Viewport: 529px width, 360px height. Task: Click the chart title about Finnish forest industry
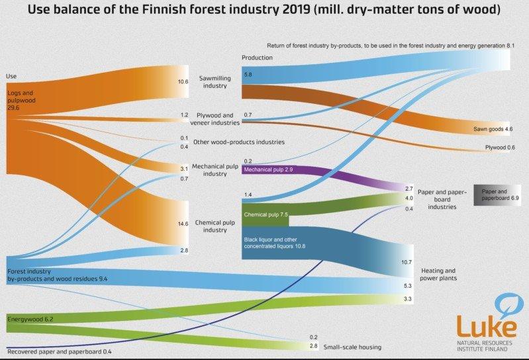click(264, 11)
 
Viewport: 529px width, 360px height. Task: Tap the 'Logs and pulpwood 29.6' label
click(21, 100)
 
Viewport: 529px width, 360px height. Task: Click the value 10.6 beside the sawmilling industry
click(183, 82)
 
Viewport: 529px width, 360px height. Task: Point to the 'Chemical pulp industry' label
click(215, 226)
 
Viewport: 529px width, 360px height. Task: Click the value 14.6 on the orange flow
click(183, 224)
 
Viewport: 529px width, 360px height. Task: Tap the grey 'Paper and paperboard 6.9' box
click(496, 195)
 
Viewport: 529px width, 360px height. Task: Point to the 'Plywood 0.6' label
click(497, 148)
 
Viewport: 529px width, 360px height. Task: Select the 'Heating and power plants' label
click(438, 275)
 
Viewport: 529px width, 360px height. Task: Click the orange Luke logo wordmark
click(486, 326)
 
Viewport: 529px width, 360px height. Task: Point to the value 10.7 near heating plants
click(406, 262)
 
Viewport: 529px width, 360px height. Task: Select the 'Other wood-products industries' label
click(239, 142)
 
